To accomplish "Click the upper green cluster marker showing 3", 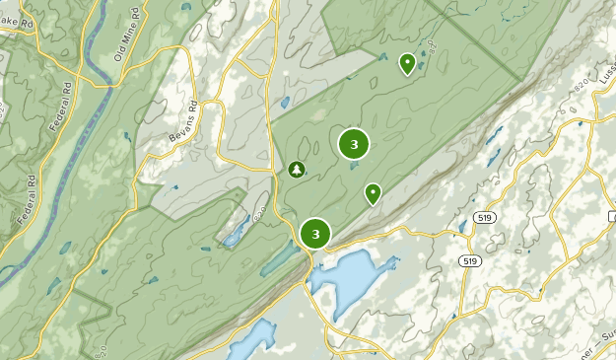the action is (354, 145).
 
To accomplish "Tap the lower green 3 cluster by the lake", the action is (315, 234).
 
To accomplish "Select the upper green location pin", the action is (406, 64).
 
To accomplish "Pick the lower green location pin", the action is (373, 193).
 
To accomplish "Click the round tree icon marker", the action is (296, 170).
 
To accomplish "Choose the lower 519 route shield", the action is (471, 261).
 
